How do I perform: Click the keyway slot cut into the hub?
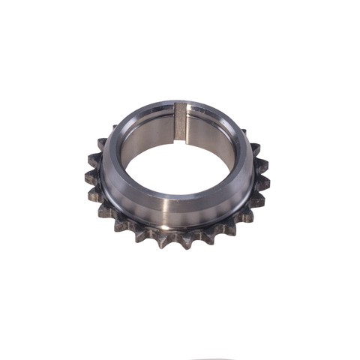tap(180, 124)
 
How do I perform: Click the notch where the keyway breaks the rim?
tap(181, 106)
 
